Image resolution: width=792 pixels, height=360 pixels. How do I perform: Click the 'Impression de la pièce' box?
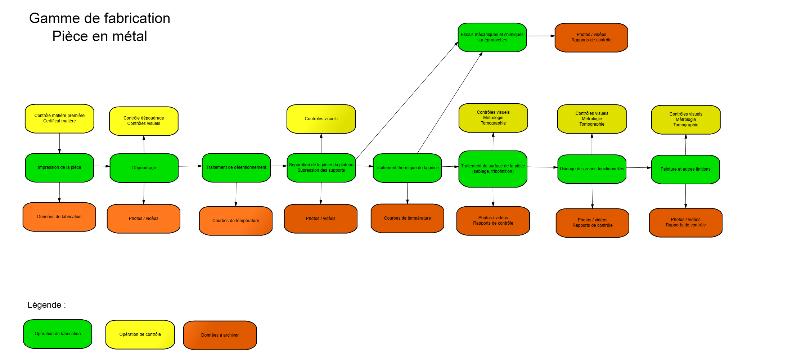pos(59,168)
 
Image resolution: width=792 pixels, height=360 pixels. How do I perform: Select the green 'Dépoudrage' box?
pos(144,168)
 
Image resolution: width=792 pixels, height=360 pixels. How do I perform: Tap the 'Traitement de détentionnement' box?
pos(236,168)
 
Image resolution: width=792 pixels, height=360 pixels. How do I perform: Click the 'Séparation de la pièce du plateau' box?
pos(321,168)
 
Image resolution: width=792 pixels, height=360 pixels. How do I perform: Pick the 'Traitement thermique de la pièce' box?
pos(407,168)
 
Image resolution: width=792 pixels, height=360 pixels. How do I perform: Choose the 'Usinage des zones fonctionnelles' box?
pos(592,169)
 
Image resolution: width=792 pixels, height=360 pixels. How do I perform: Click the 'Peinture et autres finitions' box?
pos(685,170)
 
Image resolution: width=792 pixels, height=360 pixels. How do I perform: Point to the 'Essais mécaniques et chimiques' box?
pos(492,37)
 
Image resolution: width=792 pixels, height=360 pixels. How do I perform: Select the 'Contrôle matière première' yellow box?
pos(59,118)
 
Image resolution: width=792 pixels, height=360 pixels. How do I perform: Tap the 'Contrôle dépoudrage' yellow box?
pos(144,121)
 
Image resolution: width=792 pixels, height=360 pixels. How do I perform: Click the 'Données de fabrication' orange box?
pos(59,217)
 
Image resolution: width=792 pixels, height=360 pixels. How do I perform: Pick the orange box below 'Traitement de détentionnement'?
pos(236,221)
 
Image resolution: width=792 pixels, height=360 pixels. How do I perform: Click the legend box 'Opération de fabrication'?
pos(58,334)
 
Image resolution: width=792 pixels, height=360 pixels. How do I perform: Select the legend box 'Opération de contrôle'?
pos(140,335)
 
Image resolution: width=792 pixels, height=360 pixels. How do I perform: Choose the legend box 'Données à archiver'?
pos(220,335)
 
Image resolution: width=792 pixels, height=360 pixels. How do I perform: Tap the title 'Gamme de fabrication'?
pos(100,18)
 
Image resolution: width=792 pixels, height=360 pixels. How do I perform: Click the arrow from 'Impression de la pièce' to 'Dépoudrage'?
pos(102,166)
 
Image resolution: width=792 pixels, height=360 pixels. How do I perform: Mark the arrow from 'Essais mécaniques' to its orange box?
pos(541,36)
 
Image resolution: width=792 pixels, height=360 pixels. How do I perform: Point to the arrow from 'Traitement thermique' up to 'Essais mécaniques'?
pos(450,103)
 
